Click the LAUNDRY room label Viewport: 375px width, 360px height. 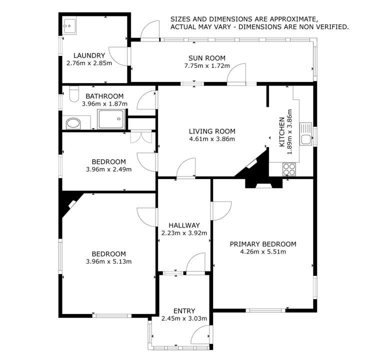pyautogui.click(x=89, y=55)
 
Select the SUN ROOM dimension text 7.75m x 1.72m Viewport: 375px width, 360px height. pyautogui.click(x=207, y=65)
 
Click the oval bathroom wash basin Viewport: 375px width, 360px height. pyautogui.click(x=73, y=123)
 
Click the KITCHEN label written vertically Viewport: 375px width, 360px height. pyautogui.click(x=282, y=132)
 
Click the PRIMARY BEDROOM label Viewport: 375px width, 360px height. pyautogui.click(x=262, y=244)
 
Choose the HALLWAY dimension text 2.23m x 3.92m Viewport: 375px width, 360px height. pyautogui.click(x=184, y=232)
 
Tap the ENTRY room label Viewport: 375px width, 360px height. pyautogui.click(x=184, y=310)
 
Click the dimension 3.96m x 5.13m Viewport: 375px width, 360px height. pyautogui.click(x=108, y=261)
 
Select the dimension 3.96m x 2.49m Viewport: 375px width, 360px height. pyautogui.click(x=108, y=169)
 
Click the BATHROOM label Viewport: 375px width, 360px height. pyautogui.click(x=104, y=96)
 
